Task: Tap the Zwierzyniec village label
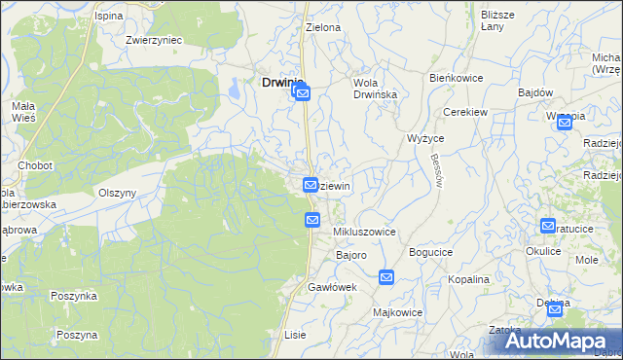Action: click(154, 41)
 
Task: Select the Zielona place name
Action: click(323, 28)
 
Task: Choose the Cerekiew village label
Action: click(464, 112)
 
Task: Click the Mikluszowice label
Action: click(364, 233)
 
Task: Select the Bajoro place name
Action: click(350, 255)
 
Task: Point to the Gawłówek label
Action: click(333, 288)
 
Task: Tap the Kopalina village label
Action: click(469, 279)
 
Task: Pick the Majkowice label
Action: click(396, 313)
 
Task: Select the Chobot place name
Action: click(34, 165)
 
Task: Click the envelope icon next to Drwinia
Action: click(302, 93)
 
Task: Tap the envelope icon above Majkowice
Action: click(386, 278)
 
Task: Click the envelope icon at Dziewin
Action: click(311, 184)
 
